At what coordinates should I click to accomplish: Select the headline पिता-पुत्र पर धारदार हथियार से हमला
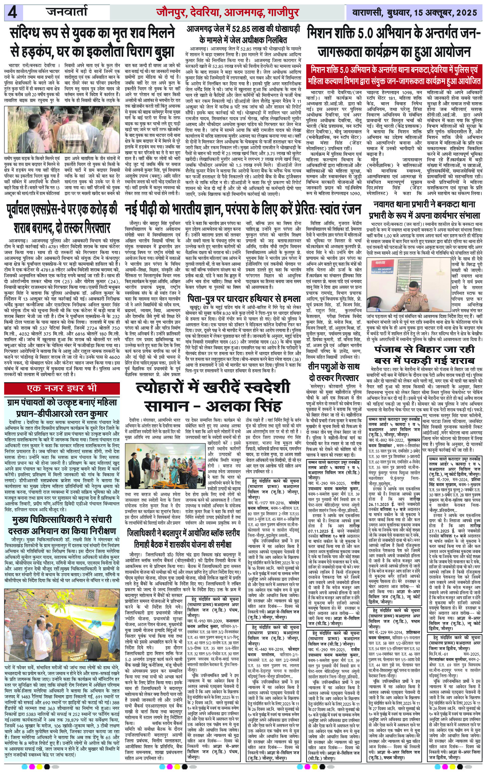click(243, 299)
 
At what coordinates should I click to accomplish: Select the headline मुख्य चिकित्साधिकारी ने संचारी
click(62, 521)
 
